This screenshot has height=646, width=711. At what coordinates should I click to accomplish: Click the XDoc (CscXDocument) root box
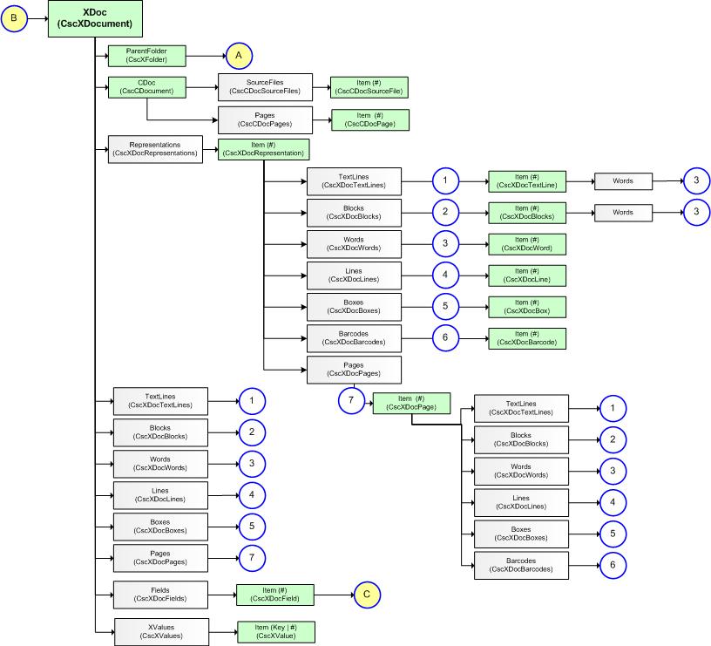pos(94,19)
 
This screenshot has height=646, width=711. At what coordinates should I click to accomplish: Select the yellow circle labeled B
pos(13,18)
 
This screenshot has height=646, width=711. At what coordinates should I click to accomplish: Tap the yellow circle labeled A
pos(237,56)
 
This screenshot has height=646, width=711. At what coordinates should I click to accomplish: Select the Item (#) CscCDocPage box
pos(369,119)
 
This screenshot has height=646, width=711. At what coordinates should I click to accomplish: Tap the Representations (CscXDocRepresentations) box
pos(154,149)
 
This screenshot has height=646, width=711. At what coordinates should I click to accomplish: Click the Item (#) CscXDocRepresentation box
pos(263,149)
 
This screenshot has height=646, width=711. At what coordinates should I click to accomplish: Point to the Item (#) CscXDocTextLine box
pos(527,180)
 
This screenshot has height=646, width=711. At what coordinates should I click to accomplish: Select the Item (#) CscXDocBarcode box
pos(527,337)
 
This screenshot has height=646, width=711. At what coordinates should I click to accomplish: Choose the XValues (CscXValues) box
pos(160,631)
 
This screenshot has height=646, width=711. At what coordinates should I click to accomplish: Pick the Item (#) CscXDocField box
pos(274,595)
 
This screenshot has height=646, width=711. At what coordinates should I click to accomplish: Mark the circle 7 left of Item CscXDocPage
pos(350,399)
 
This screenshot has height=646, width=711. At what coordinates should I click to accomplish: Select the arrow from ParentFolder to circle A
pos(206,56)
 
